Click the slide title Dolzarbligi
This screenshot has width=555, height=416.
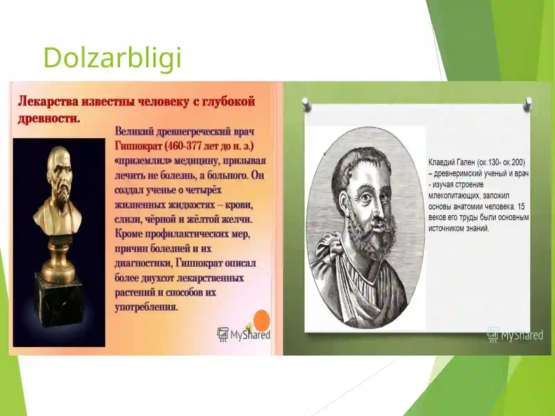[x=112, y=58]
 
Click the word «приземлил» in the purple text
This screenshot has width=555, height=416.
[x=143, y=161]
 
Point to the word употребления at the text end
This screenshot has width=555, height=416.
[x=146, y=307]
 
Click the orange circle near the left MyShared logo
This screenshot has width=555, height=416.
[x=262, y=320]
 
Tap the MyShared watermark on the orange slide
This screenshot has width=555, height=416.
[x=244, y=334]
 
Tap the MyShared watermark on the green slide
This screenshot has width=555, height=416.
[x=515, y=335]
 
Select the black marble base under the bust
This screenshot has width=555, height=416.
[x=59, y=307]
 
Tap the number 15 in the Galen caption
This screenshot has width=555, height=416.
[x=521, y=207]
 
